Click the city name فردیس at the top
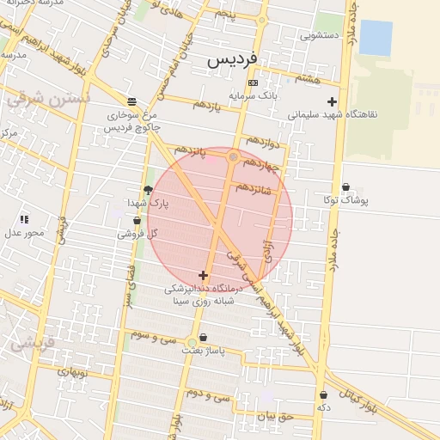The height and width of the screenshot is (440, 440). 233,60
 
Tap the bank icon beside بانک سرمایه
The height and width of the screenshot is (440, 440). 252,82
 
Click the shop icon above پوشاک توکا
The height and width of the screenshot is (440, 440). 345,186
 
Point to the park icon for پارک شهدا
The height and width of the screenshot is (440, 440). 148,190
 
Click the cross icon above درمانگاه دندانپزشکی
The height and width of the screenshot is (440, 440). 203,275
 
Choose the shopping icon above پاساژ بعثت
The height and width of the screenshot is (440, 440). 203,338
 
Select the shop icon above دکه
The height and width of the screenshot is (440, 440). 323,394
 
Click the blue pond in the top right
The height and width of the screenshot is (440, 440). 375,37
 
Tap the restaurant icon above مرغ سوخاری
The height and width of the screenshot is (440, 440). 131,100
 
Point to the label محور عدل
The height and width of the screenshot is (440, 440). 24,232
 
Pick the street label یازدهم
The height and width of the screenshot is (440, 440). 206,105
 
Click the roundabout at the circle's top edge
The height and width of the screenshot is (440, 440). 233,156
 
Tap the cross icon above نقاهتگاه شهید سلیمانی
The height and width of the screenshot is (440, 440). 332,101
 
